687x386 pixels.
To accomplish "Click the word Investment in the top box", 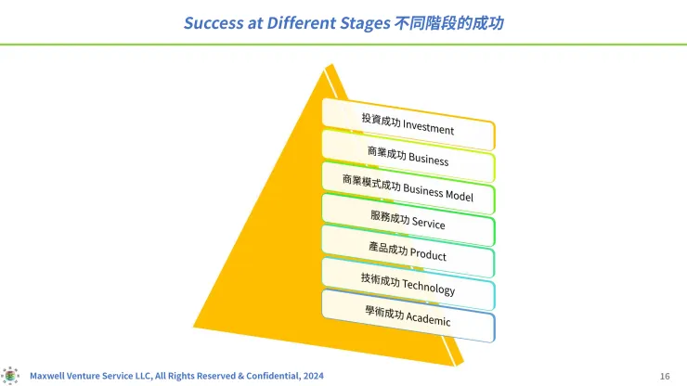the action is pos(428,127).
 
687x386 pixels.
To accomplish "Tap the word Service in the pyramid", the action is pos(429,223).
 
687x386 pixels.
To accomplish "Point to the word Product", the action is pos(428,254).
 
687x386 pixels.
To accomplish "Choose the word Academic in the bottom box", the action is pos(428,318).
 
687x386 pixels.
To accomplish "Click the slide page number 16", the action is pos(665,376).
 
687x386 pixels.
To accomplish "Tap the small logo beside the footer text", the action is pos(10,376).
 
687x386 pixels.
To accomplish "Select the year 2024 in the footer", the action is pos(313,376).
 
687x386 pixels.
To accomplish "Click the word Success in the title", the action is pos(214,23).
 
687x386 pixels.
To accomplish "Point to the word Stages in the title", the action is pos(365,23).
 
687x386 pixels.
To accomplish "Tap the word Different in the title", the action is pos(301,23).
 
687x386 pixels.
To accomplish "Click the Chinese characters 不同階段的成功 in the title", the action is pos(449,23).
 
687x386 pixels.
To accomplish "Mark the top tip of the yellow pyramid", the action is pos(331,64).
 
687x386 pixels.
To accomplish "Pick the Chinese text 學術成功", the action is pos(384,313).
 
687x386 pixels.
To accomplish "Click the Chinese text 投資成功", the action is pos(381,120).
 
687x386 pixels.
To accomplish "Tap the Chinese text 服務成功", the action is pos(390,217).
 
